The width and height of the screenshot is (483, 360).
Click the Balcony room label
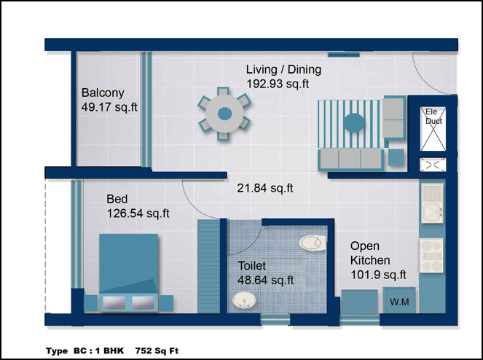click(x=103, y=93)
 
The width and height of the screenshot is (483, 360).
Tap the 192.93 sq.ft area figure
click(x=278, y=84)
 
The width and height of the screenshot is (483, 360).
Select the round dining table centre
click(x=225, y=114)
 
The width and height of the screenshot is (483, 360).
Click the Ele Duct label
click(x=433, y=116)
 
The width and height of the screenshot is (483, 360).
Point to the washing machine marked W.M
click(x=399, y=300)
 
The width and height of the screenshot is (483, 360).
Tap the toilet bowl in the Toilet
click(x=313, y=243)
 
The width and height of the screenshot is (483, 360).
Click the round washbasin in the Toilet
click(x=244, y=300)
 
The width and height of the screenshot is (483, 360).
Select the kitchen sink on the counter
click(x=432, y=203)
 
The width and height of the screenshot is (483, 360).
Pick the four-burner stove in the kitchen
click(x=431, y=256)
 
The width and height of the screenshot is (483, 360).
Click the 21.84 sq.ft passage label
click(x=265, y=188)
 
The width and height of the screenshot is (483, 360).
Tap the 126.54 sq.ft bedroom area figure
click(x=138, y=214)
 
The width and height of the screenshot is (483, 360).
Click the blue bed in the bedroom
click(x=128, y=273)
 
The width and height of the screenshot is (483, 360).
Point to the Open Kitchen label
click(x=370, y=253)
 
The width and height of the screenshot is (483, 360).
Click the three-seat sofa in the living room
click(x=351, y=159)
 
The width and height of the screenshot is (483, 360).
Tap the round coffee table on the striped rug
click(x=354, y=123)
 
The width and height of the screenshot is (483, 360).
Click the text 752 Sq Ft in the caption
click(x=157, y=351)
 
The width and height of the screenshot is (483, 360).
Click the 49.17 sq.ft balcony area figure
click(x=109, y=107)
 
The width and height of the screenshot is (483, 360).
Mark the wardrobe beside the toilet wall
click(x=208, y=266)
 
